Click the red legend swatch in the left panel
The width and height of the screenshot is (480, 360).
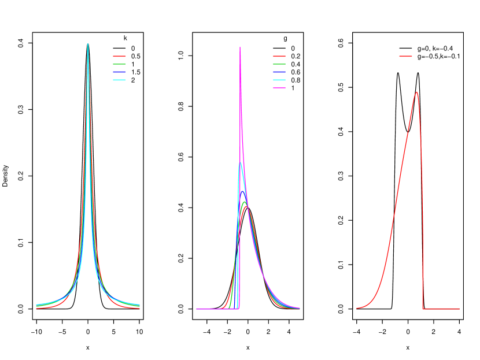(119, 56)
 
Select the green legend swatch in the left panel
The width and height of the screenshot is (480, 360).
(119, 64)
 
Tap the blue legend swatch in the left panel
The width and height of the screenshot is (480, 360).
(119, 72)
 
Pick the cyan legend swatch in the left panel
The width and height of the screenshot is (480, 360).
(119, 80)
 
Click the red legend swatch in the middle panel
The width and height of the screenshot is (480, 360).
(279, 56)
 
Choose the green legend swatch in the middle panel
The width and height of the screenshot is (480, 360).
(279, 64)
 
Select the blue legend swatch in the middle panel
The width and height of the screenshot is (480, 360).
(279, 72)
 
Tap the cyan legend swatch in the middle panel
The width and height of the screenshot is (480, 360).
(279, 80)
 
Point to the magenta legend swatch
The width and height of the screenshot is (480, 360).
(279, 88)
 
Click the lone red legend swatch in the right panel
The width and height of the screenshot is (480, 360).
(405, 56)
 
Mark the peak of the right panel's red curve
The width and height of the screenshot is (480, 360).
(416, 92)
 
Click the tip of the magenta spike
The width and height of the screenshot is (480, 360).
(240, 47)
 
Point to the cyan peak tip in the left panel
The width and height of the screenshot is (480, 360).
(88, 44)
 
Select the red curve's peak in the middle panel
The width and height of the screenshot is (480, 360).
(246, 206)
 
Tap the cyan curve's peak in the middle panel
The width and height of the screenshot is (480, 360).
(240, 163)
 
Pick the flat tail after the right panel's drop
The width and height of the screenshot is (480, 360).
(442, 309)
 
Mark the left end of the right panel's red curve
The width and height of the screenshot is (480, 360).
(357, 308)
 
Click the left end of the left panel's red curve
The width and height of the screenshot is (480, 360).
(36, 307)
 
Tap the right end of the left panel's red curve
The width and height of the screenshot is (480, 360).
(139, 307)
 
